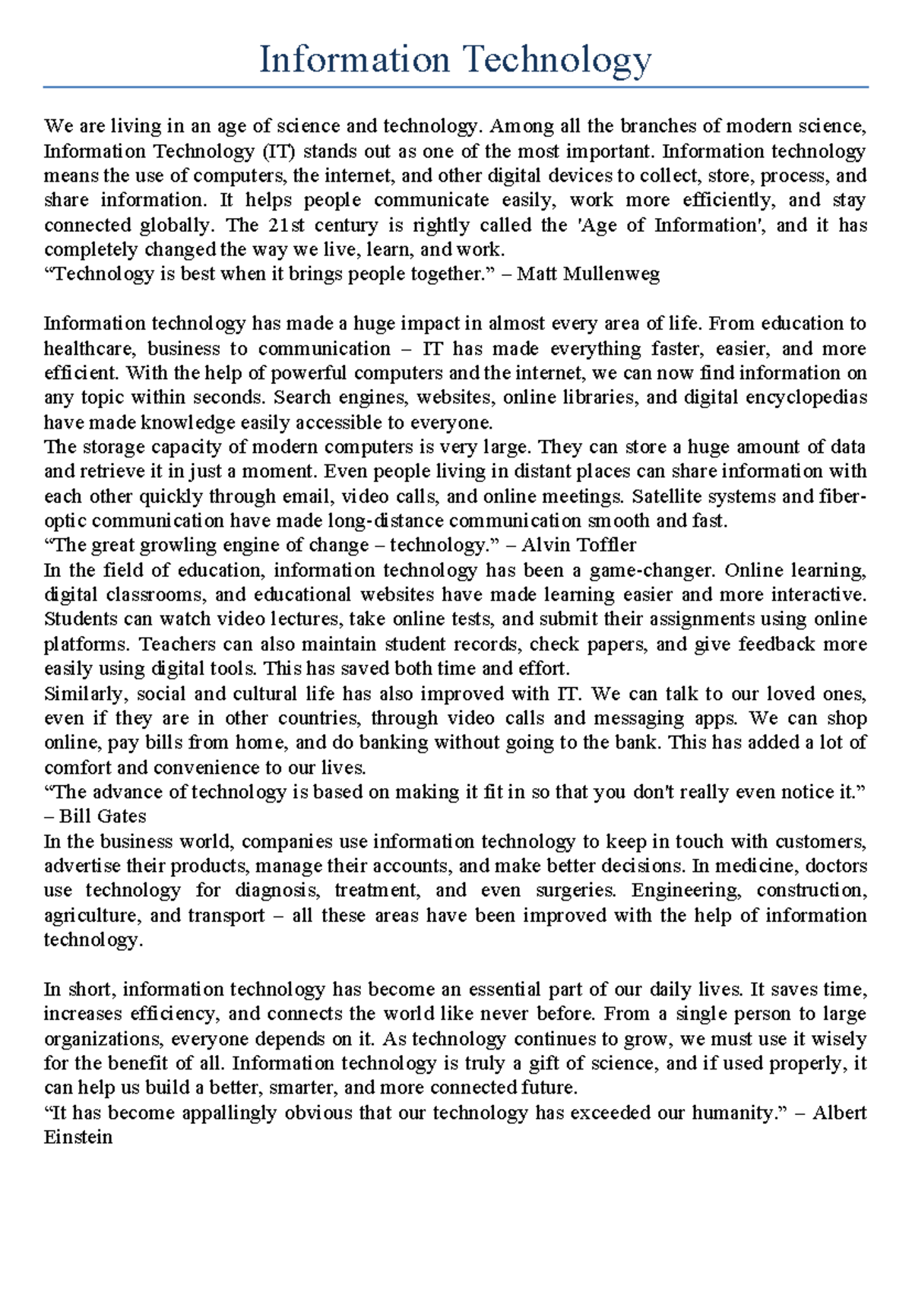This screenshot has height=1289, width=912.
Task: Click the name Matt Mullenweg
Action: [588, 274]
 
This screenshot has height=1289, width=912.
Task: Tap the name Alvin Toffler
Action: [578, 545]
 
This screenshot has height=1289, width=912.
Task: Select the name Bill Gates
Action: [103, 816]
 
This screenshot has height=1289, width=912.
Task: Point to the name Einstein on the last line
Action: [78, 1138]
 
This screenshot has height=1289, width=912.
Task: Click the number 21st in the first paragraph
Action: [286, 225]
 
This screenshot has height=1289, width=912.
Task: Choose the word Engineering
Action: [683, 890]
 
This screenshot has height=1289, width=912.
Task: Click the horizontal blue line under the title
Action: [456, 87]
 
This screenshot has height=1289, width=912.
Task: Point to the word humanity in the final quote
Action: [730, 1113]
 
